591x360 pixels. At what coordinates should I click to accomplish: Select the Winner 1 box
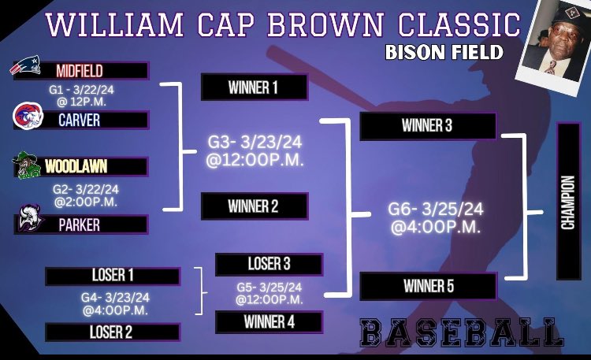click(x=255, y=87)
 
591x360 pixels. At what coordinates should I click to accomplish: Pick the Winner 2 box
click(x=255, y=206)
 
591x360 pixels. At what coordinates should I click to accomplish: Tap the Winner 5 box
click(x=428, y=286)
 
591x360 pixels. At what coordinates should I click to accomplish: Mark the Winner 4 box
click(x=269, y=321)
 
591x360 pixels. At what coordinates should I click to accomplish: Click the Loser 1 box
click(x=112, y=276)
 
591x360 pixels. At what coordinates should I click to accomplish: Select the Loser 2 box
click(x=112, y=332)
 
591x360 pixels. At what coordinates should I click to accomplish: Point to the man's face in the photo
click(x=551, y=40)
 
